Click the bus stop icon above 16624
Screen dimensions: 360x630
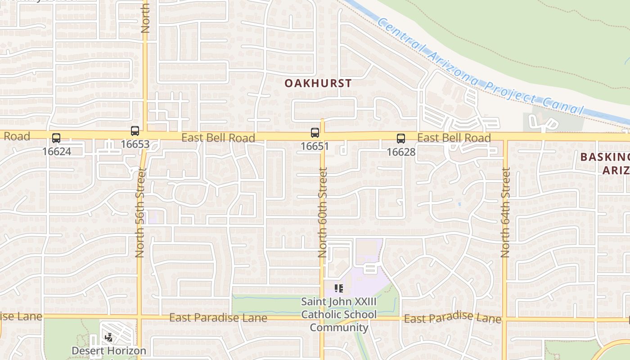point(56,138)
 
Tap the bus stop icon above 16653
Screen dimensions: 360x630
point(135,131)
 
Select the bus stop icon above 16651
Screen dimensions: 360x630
point(315,133)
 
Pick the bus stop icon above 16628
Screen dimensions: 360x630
point(401,139)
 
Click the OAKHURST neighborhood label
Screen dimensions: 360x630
point(318,83)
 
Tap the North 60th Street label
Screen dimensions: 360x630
point(322,212)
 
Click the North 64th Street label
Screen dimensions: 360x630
point(505,212)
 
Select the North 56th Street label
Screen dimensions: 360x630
point(139,212)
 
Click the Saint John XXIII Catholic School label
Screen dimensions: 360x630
point(339,314)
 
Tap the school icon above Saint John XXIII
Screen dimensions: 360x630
point(339,288)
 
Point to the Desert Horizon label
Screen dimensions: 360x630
point(109,351)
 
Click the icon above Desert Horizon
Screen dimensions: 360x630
point(109,337)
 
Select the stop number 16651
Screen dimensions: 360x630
point(315,146)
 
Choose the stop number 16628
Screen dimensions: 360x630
point(401,152)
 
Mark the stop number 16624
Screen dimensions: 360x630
point(57,152)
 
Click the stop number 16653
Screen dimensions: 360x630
point(135,144)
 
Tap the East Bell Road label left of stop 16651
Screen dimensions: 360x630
point(218,138)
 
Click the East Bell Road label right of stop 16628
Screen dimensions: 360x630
point(454,138)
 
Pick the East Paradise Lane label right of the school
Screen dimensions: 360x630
point(452,318)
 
